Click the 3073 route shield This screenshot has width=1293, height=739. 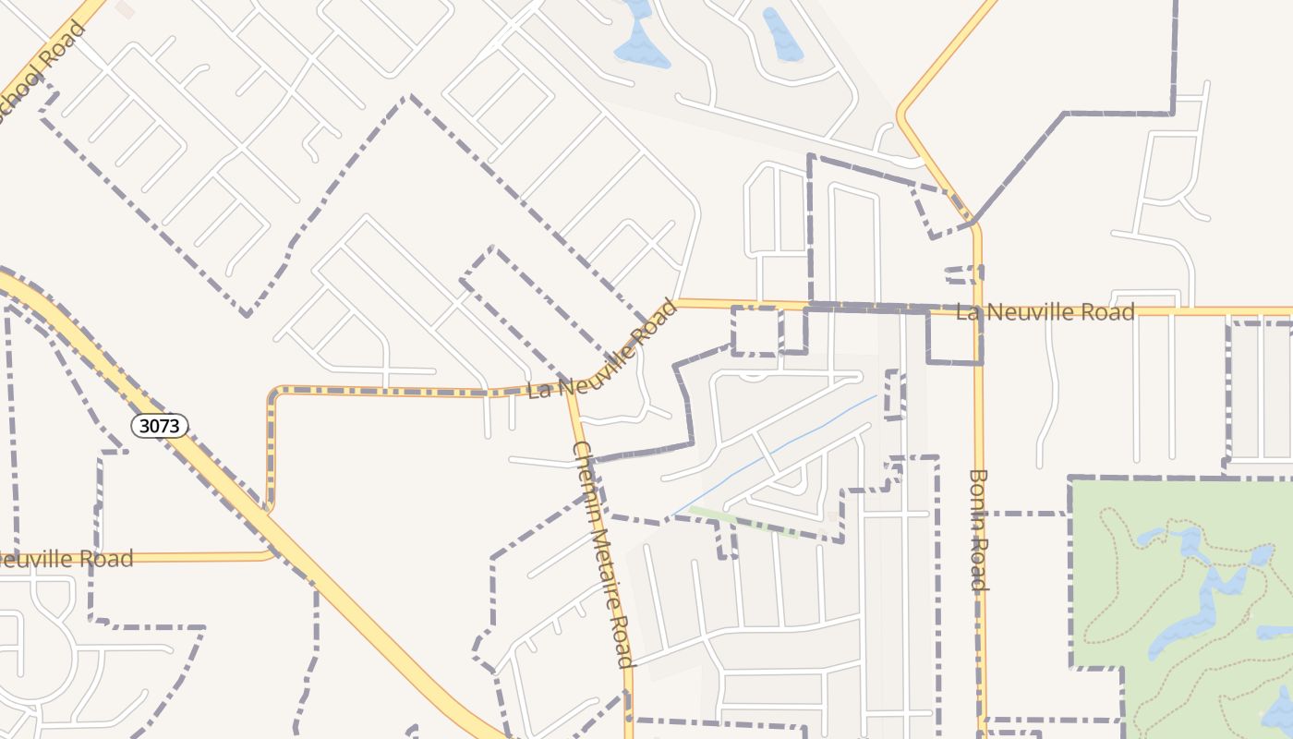(159, 425)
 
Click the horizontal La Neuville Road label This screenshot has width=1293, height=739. (1045, 312)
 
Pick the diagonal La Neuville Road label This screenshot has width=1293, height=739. (602, 349)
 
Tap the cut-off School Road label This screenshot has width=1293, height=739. (42, 65)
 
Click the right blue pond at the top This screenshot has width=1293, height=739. (781, 37)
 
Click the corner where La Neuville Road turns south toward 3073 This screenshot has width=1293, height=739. (273, 393)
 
